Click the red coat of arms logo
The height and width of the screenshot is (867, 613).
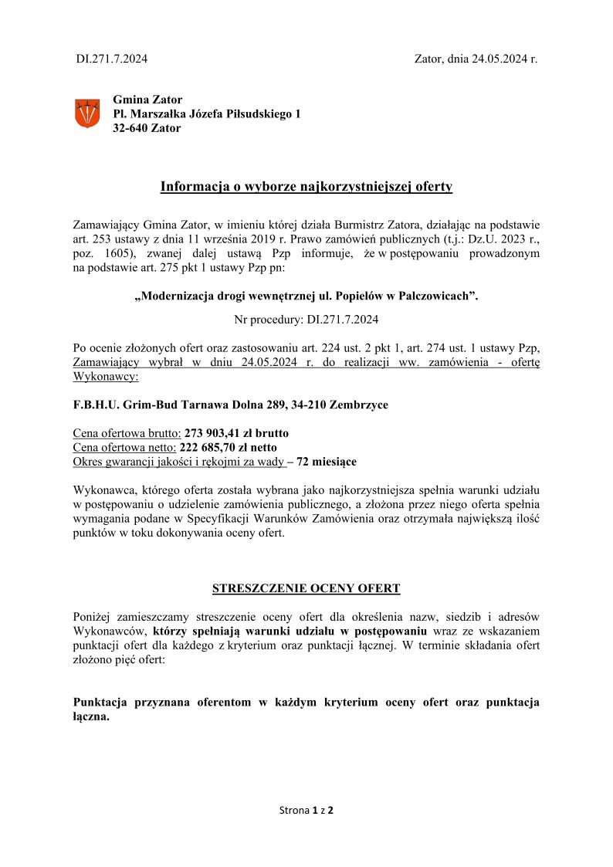pos(86,113)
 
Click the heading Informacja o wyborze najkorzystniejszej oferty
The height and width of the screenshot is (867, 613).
pos(306,187)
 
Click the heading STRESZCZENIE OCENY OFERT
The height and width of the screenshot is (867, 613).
pos(306,588)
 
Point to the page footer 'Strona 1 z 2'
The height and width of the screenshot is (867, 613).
pos(306,810)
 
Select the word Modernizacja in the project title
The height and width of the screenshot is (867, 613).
pos(178,296)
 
